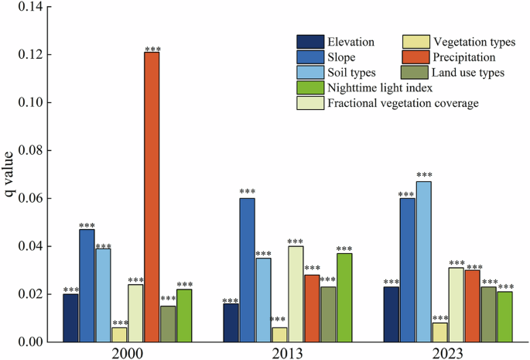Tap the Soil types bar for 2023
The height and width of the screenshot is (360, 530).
click(423, 261)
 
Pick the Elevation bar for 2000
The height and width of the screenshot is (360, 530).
click(70, 317)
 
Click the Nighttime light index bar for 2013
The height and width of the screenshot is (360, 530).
click(344, 297)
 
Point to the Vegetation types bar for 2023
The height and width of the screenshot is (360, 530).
click(439, 332)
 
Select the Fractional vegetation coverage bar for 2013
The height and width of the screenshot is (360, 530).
click(296, 293)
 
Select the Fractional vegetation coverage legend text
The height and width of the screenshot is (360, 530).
click(403, 103)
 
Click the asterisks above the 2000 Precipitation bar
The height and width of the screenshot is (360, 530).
click(152, 49)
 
